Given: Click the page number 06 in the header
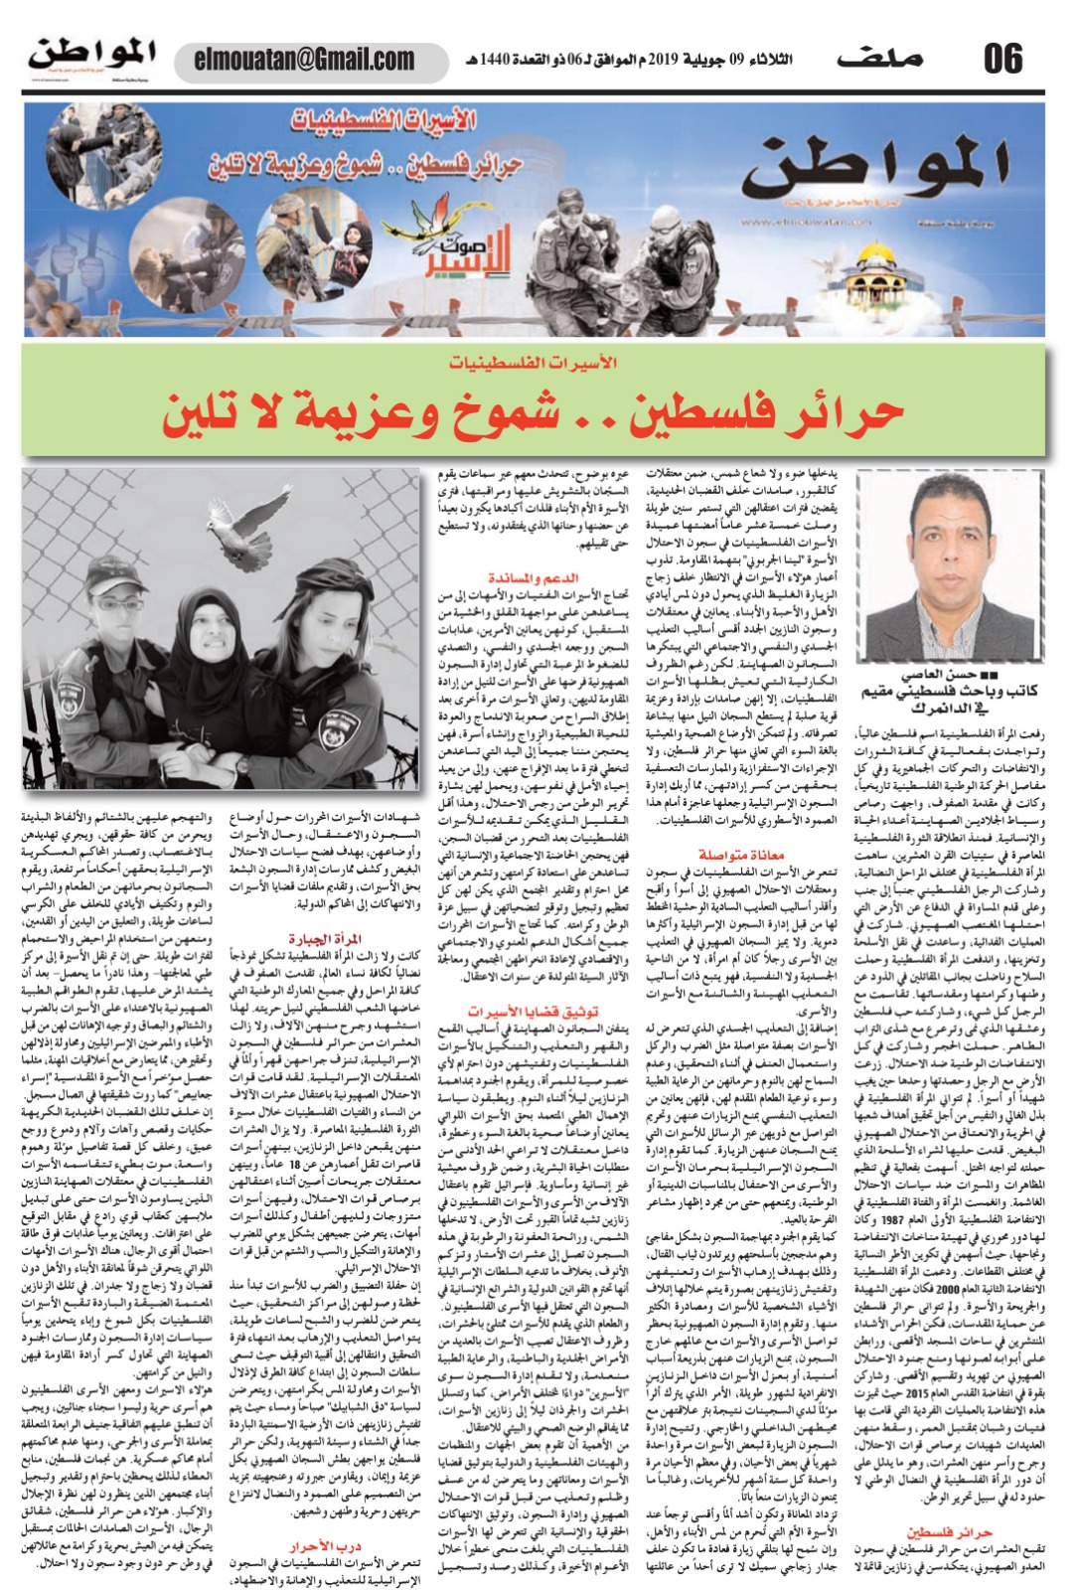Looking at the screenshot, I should point(1003,59).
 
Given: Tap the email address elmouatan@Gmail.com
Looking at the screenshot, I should point(304,60).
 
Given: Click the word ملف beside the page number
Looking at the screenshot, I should point(879,59).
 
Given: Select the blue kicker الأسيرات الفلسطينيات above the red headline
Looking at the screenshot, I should point(533,362).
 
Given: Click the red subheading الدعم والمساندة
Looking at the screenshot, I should point(533,577).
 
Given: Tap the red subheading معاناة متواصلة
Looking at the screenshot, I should point(740,854).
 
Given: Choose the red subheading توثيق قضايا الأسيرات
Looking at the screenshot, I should point(533,1011).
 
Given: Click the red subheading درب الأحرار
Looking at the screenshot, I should point(325,1546).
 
